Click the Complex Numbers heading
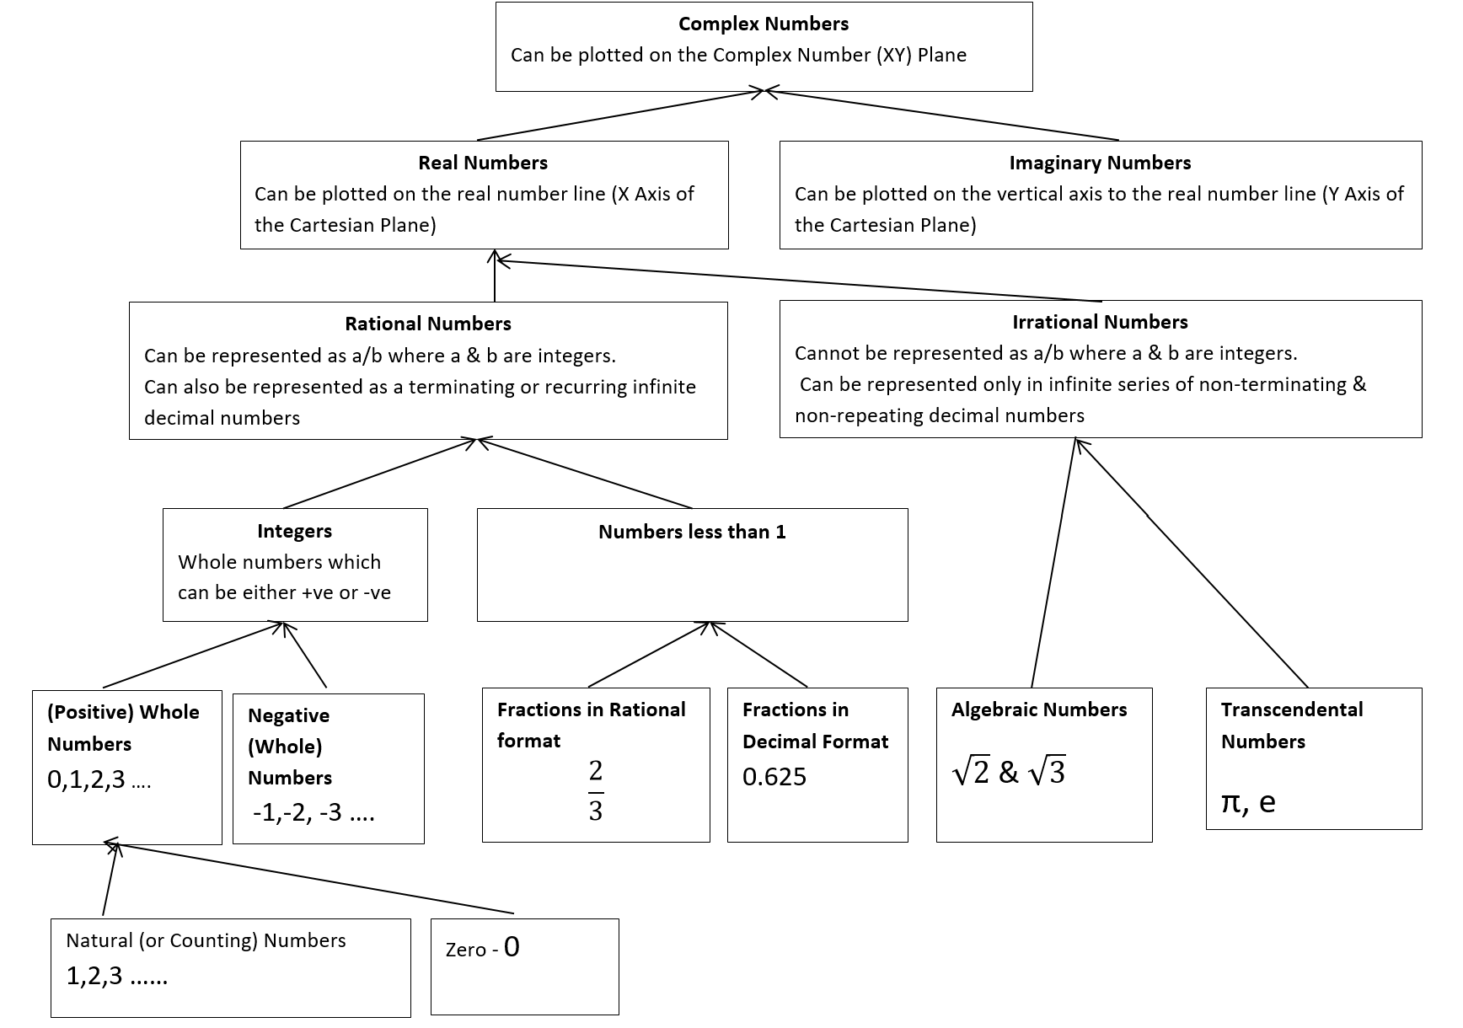[764, 24]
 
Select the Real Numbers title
[483, 163]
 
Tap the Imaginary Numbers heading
[1100, 163]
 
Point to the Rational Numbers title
[428, 324]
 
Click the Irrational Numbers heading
[1100, 322]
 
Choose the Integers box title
[294, 531]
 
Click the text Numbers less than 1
[692, 532]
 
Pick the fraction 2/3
[595, 790]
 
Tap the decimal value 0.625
[774, 776]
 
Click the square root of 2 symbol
[971, 772]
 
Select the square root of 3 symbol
[1048, 772]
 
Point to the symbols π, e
[1248, 801]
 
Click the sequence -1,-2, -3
[313, 812]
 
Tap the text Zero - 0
[483, 949]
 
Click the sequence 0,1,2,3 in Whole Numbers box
[99, 779]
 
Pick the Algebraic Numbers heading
[1038, 709]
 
